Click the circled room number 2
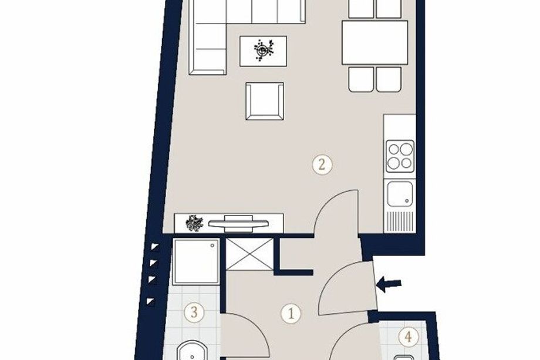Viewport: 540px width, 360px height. (322, 164)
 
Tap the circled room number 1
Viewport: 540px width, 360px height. (291, 314)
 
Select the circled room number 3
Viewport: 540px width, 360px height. (194, 313)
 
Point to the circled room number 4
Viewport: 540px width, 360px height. (409, 337)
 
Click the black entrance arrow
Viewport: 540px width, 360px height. (389, 285)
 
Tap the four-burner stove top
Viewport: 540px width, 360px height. (400, 156)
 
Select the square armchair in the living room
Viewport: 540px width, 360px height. (265, 101)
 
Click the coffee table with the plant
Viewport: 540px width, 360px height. (264, 51)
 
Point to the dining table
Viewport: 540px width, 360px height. (374, 42)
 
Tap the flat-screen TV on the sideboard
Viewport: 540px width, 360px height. (238, 223)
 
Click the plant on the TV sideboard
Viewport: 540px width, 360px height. (194, 223)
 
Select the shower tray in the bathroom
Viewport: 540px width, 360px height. (196, 262)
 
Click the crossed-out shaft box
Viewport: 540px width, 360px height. (249, 254)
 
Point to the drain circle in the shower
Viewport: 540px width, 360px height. (212, 245)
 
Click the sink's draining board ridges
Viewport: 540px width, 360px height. (400, 221)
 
